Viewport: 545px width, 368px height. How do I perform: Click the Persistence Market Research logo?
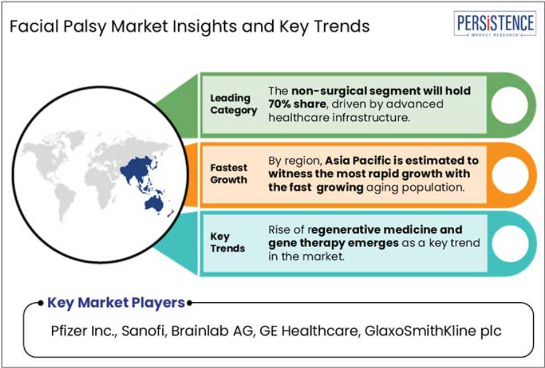pyautogui.click(x=494, y=24)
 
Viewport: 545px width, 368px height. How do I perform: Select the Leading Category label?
pyautogui.click(x=233, y=104)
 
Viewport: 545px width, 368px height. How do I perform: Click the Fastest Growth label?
pyautogui.click(x=229, y=173)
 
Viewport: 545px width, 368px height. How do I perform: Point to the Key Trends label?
pyautogui.click(x=227, y=242)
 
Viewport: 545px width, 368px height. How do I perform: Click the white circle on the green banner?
pyautogui.click(x=509, y=105)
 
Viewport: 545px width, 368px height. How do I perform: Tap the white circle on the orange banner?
pyautogui.click(x=510, y=174)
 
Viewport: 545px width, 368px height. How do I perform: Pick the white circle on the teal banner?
pyautogui.click(x=510, y=244)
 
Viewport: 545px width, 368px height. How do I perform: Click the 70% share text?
pyautogui.click(x=297, y=104)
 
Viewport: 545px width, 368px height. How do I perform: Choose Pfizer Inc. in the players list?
pyautogui.click(x=83, y=330)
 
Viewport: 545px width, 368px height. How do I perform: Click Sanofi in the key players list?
pyautogui.click(x=143, y=330)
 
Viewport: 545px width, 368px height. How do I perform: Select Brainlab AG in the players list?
pyautogui.click(x=212, y=330)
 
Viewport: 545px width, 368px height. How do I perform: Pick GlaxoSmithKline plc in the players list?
pyautogui.click(x=433, y=331)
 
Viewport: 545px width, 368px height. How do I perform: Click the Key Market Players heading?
pyautogui.click(x=116, y=303)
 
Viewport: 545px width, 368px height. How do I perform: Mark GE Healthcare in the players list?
pyautogui.click(x=308, y=330)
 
